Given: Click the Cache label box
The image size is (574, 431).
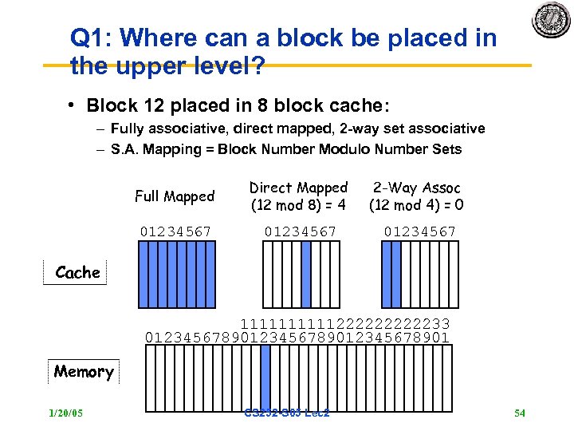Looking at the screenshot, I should click(77, 273).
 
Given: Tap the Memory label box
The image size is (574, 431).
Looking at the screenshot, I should click(84, 372).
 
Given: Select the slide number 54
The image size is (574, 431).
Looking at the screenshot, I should click(520, 413).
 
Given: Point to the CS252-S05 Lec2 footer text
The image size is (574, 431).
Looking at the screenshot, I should click(288, 413).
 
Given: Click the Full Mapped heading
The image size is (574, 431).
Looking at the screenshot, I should click(175, 196).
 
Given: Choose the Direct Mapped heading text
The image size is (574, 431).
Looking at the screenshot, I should click(298, 188).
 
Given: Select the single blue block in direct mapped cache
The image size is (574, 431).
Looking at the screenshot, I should click(306, 275).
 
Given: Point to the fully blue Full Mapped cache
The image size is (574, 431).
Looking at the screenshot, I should click(176, 275).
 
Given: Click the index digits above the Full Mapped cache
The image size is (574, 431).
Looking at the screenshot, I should click(176, 231).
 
